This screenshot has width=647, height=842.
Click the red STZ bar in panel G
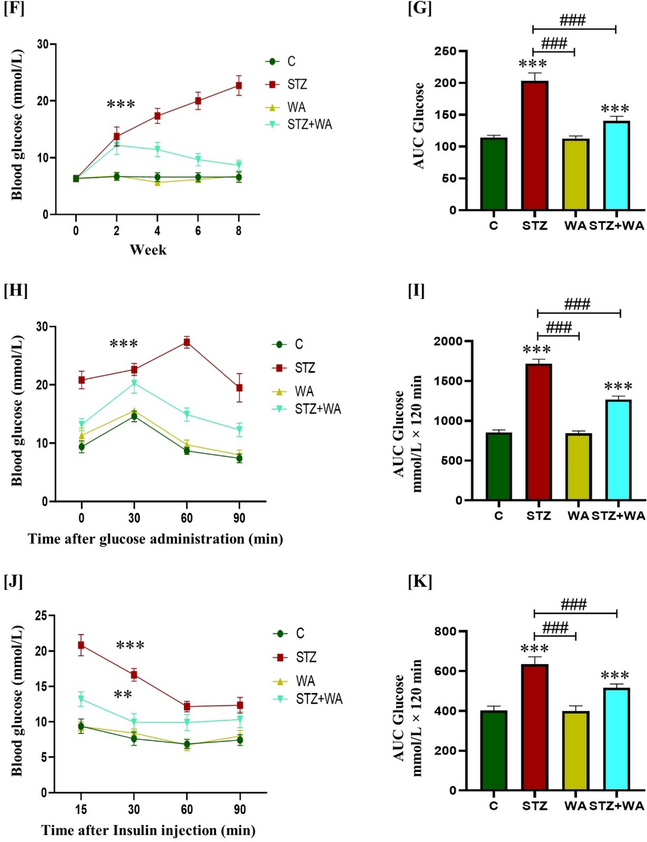pos(534,147)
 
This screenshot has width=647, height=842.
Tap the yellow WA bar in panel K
pos(575,751)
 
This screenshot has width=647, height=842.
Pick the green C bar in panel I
pos(499,467)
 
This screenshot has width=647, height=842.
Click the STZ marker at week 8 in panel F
pos(239,85)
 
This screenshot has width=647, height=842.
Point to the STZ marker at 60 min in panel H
pos(186,342)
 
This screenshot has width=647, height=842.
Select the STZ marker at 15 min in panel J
pos(81,645)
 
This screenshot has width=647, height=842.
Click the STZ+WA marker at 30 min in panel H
pos(134,383)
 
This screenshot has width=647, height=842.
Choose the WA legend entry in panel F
pos(286,107)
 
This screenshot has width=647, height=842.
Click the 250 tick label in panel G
pos(446,51)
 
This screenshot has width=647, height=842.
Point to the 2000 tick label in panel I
pos(448,341)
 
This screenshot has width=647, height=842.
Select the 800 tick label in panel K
pos(446,631)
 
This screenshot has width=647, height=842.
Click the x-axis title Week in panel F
pos(148,249)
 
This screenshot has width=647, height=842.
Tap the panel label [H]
pos(16,290)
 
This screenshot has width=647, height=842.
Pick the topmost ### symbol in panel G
pos(572,20)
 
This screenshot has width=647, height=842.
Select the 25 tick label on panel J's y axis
pos(41,615)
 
